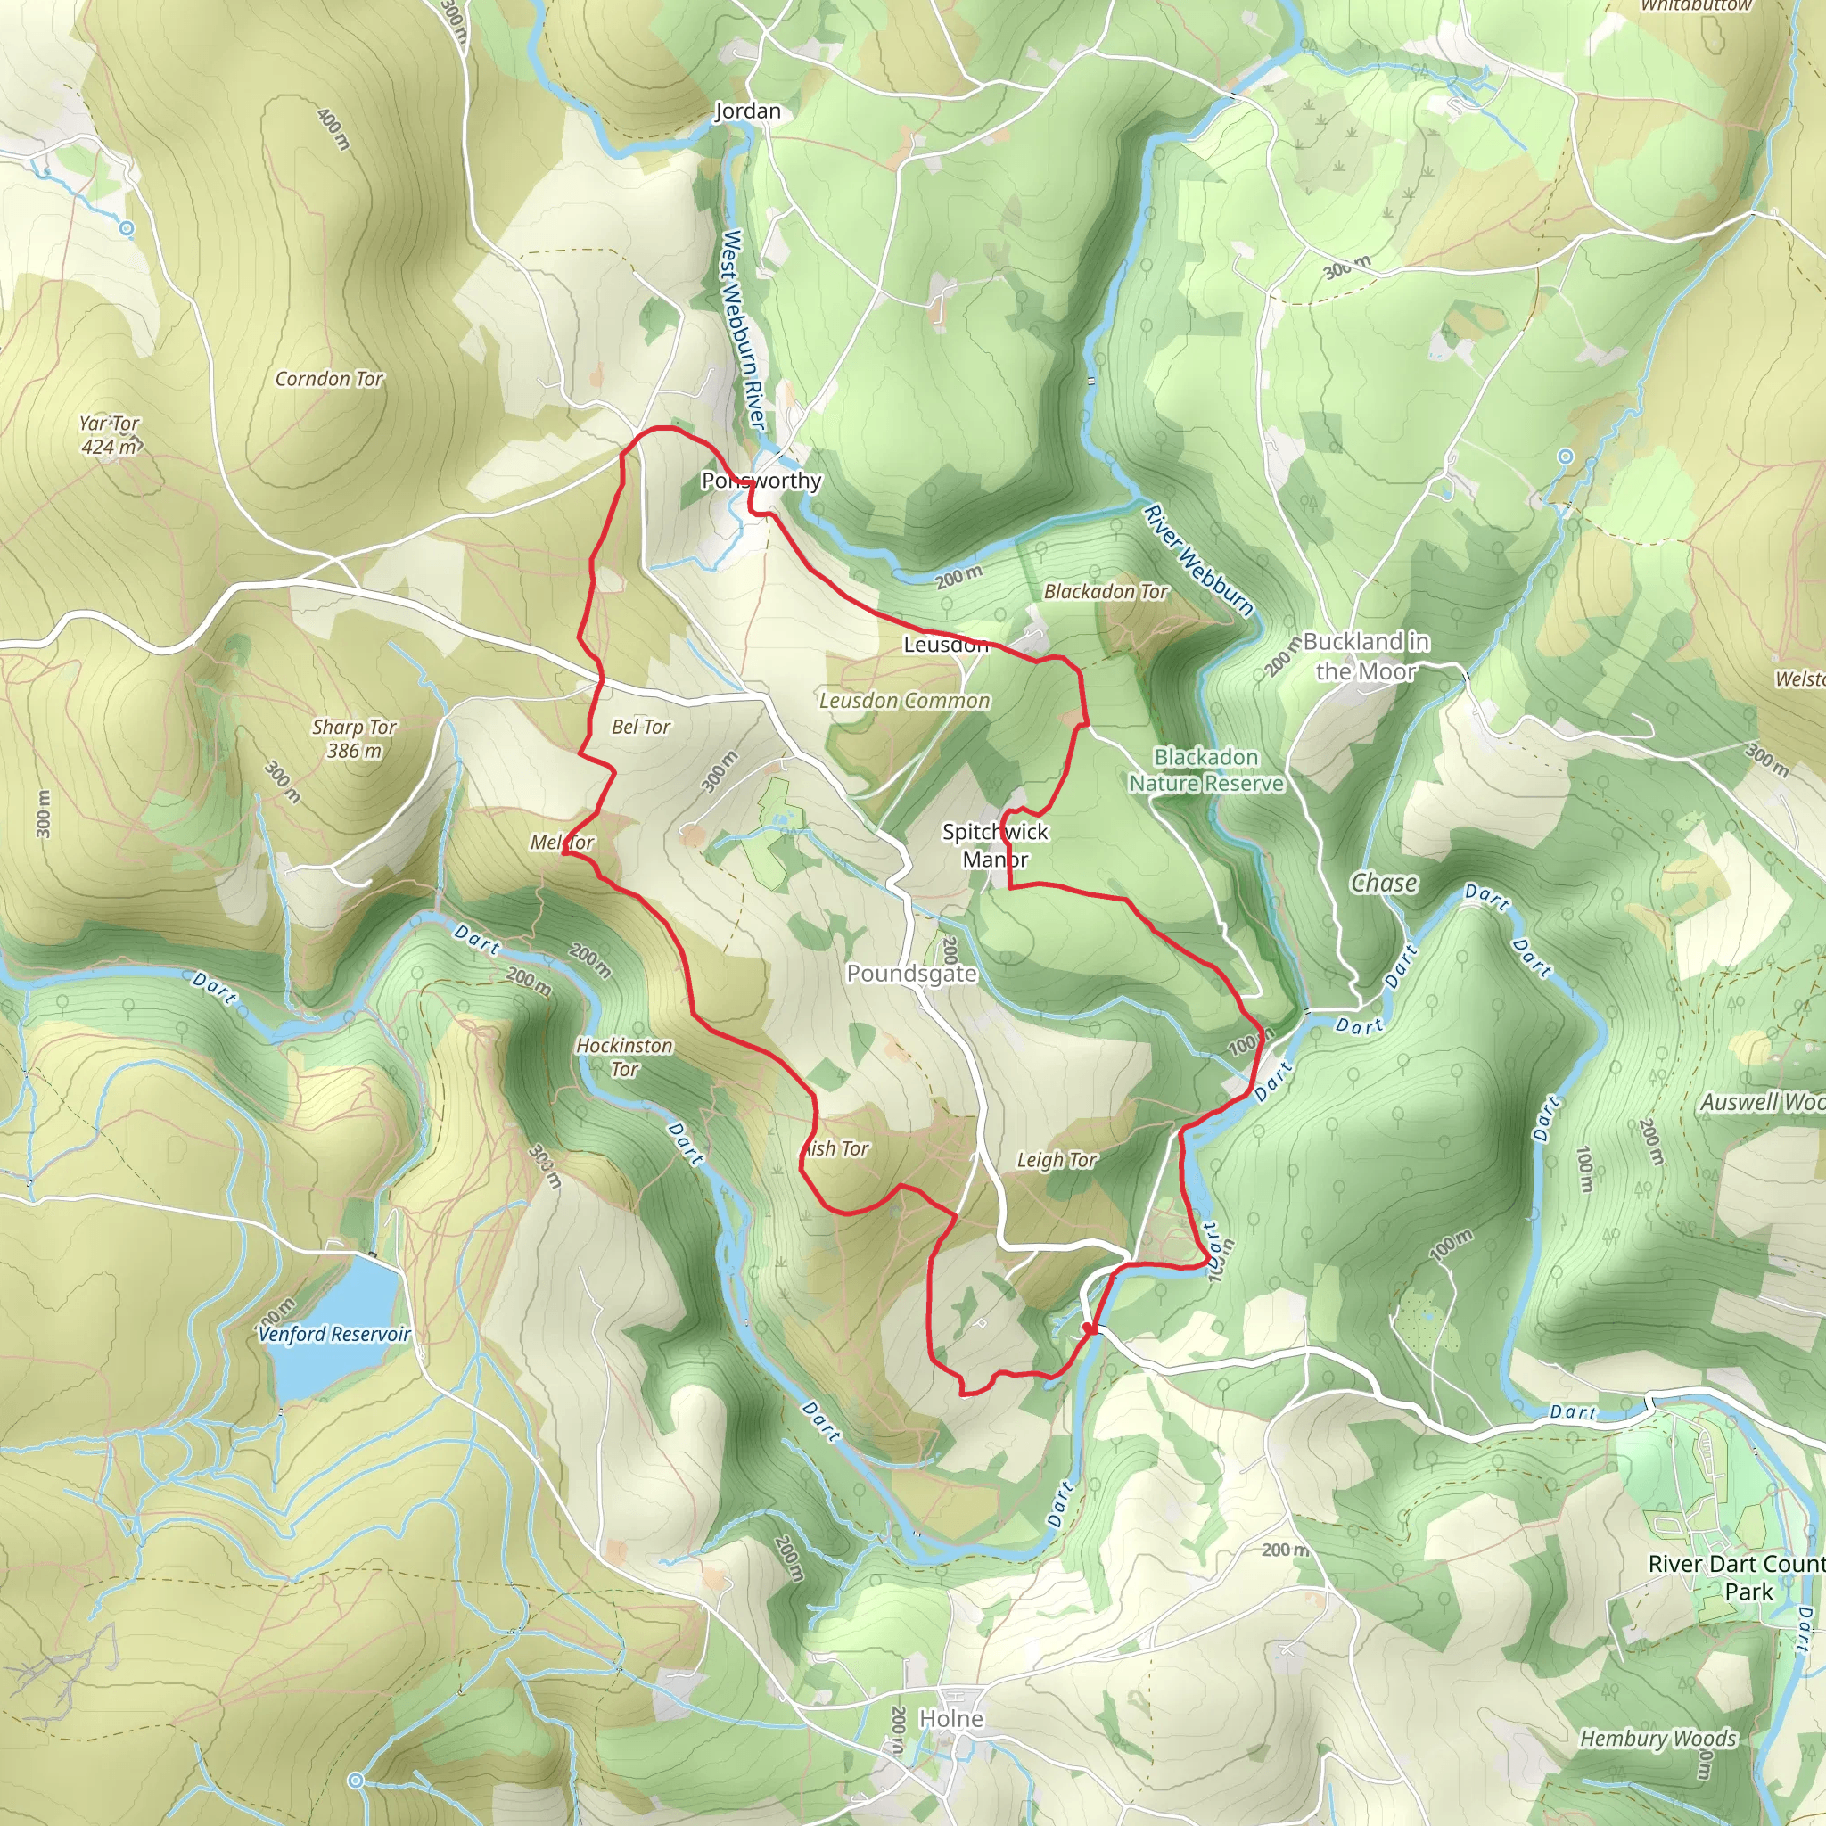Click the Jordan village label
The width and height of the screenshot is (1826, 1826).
point(747,111)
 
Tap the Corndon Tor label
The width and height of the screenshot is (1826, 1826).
point(329,379)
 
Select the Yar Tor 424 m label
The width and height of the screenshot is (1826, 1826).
point(110,435)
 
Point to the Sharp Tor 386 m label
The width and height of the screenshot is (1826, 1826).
point(355,738)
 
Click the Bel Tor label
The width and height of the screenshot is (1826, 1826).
point(641,727)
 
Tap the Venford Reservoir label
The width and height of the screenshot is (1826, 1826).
point(334,1334)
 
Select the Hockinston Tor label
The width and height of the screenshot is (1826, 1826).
point(625,1057)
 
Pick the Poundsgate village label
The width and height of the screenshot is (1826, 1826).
point(911,974)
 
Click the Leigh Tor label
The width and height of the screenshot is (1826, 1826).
point(1057,1160)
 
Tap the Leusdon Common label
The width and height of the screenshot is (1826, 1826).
point(904,700)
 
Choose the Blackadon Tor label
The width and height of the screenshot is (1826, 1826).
point(1106,592)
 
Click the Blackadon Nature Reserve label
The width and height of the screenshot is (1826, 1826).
point(1206,769)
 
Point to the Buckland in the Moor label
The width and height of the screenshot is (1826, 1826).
point(1366,656)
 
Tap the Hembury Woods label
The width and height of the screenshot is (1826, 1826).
point(1657,1738)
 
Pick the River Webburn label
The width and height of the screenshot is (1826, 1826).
point(1197,560)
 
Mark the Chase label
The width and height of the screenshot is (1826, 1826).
point(1384,883)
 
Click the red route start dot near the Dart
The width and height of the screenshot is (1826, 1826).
point(1089,1328)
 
